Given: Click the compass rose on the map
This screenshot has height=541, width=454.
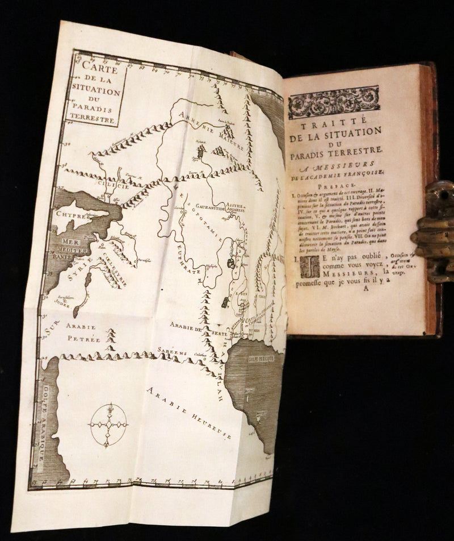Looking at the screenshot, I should click(x=108, y=425).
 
